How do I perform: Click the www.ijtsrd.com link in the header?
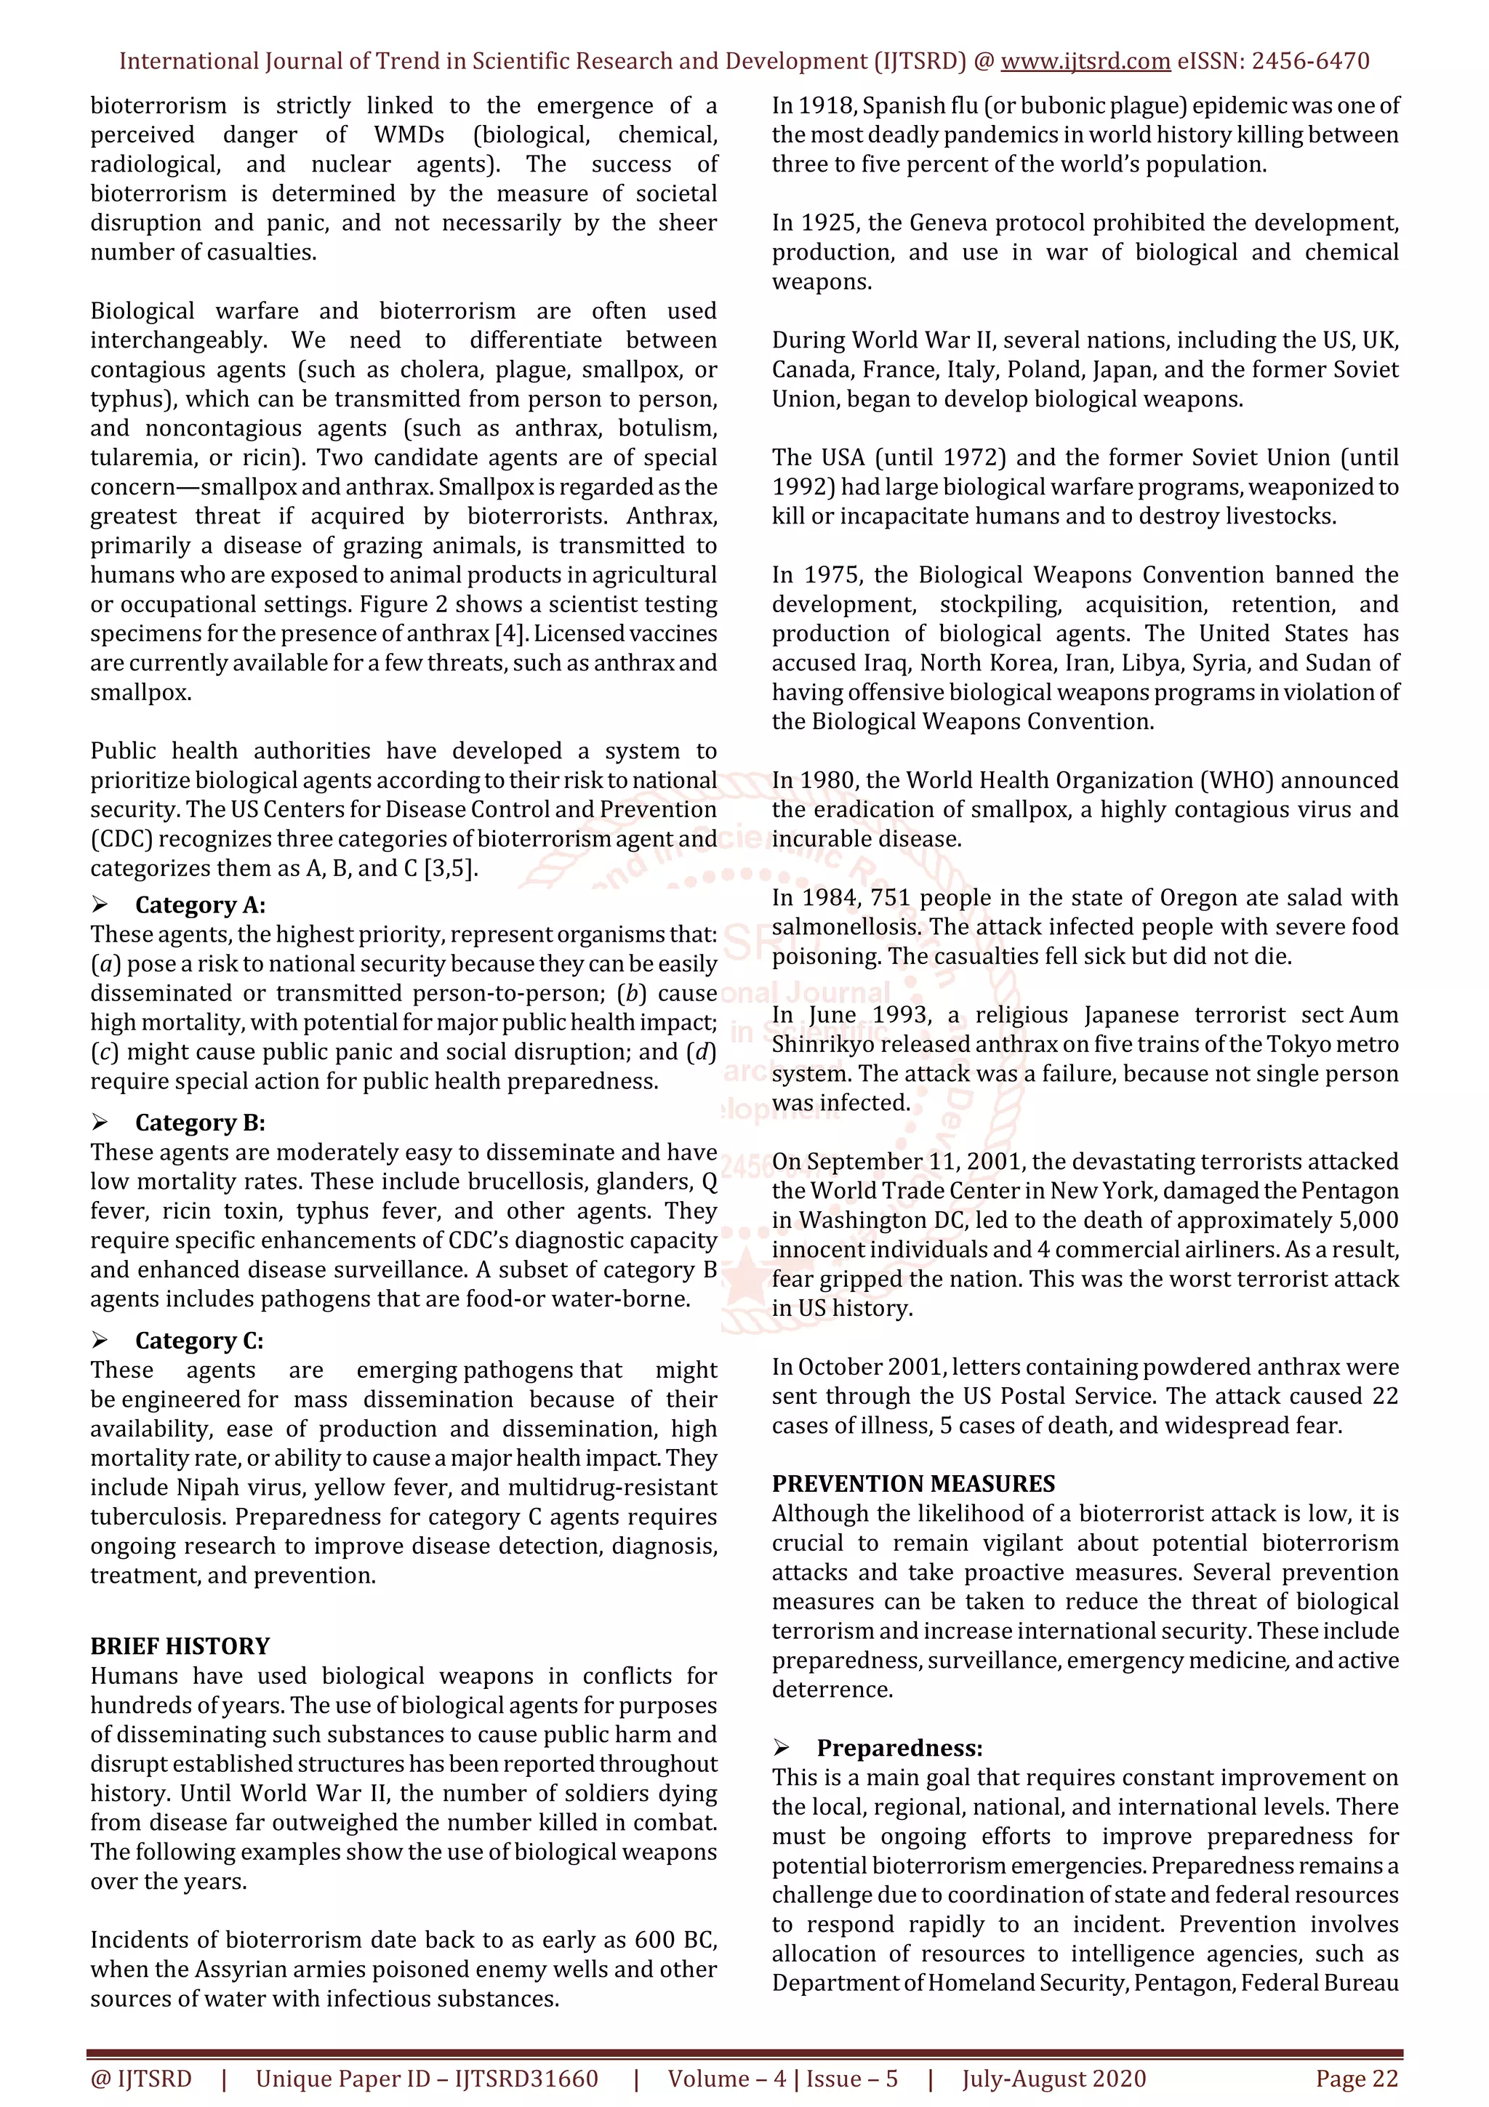click(1085, 62)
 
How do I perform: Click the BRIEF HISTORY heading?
click(180, 1645)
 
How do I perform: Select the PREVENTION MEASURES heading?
click(913, 1484)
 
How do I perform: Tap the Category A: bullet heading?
click(200, 905)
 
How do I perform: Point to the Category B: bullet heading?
click(200, 1123)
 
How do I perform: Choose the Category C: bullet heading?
click(199, 1341)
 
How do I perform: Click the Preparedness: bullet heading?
click(899, 1748)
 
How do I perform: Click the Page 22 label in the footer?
click(1356, 2079)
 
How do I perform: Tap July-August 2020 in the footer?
click(1054, 2079)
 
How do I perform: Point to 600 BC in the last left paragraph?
click(677, 1940)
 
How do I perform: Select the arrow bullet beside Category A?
click(100, 905)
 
